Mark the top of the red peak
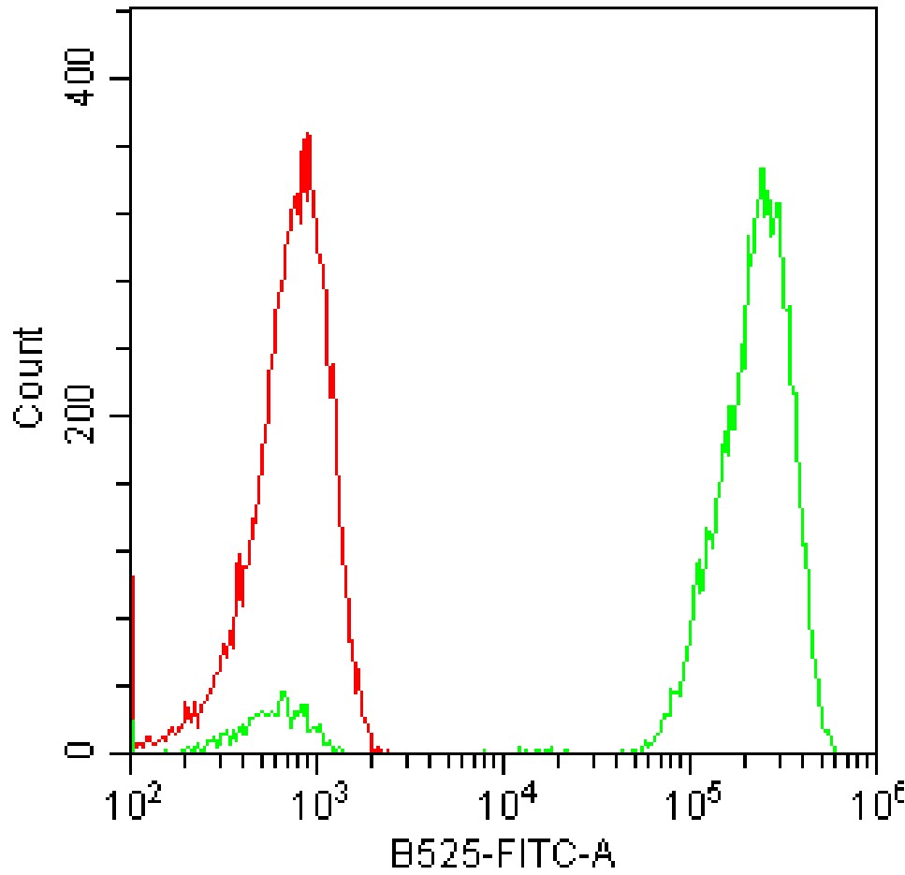tap(307, 135)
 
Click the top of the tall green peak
tap(762, 169)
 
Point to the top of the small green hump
tap(283, 693)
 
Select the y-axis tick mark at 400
tap(121, 79)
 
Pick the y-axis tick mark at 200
tap(121, 416)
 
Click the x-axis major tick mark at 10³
tap(317, 764)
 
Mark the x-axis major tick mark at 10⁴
tap(504, 764)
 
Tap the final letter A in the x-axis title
tap(605, 853)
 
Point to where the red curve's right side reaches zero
tap(374, 750)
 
